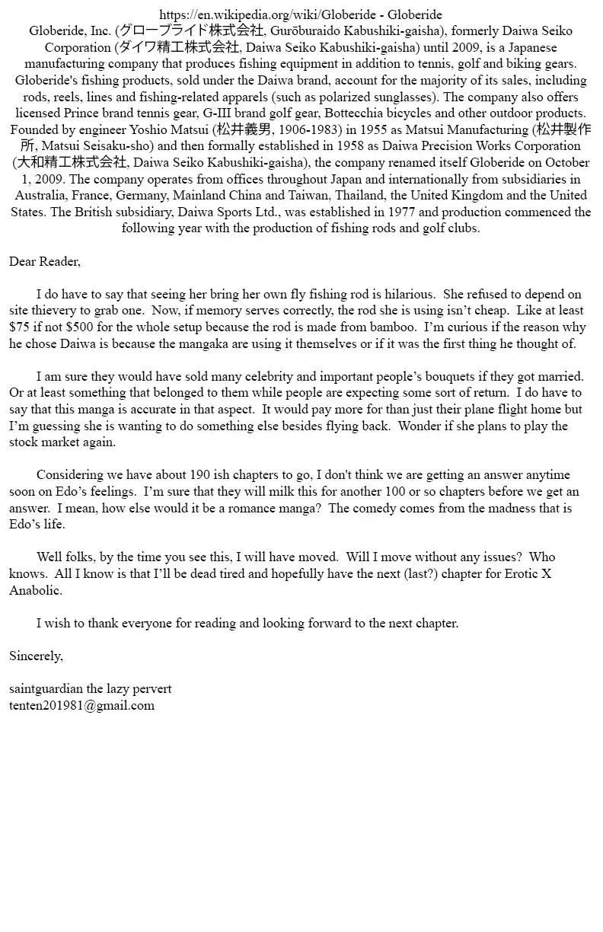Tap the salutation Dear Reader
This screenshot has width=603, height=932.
[x=44, y=262]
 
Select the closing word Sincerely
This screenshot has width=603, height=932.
[x=36, y=656]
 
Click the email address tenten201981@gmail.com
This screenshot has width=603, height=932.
[x=81, y=706]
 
